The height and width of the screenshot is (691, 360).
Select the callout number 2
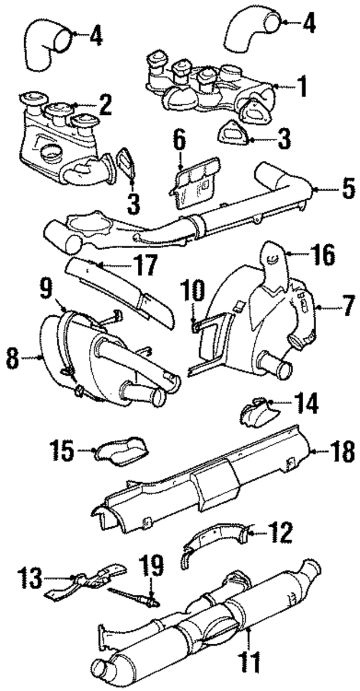click(104, 104)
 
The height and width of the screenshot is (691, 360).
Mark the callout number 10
click(191, 293)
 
